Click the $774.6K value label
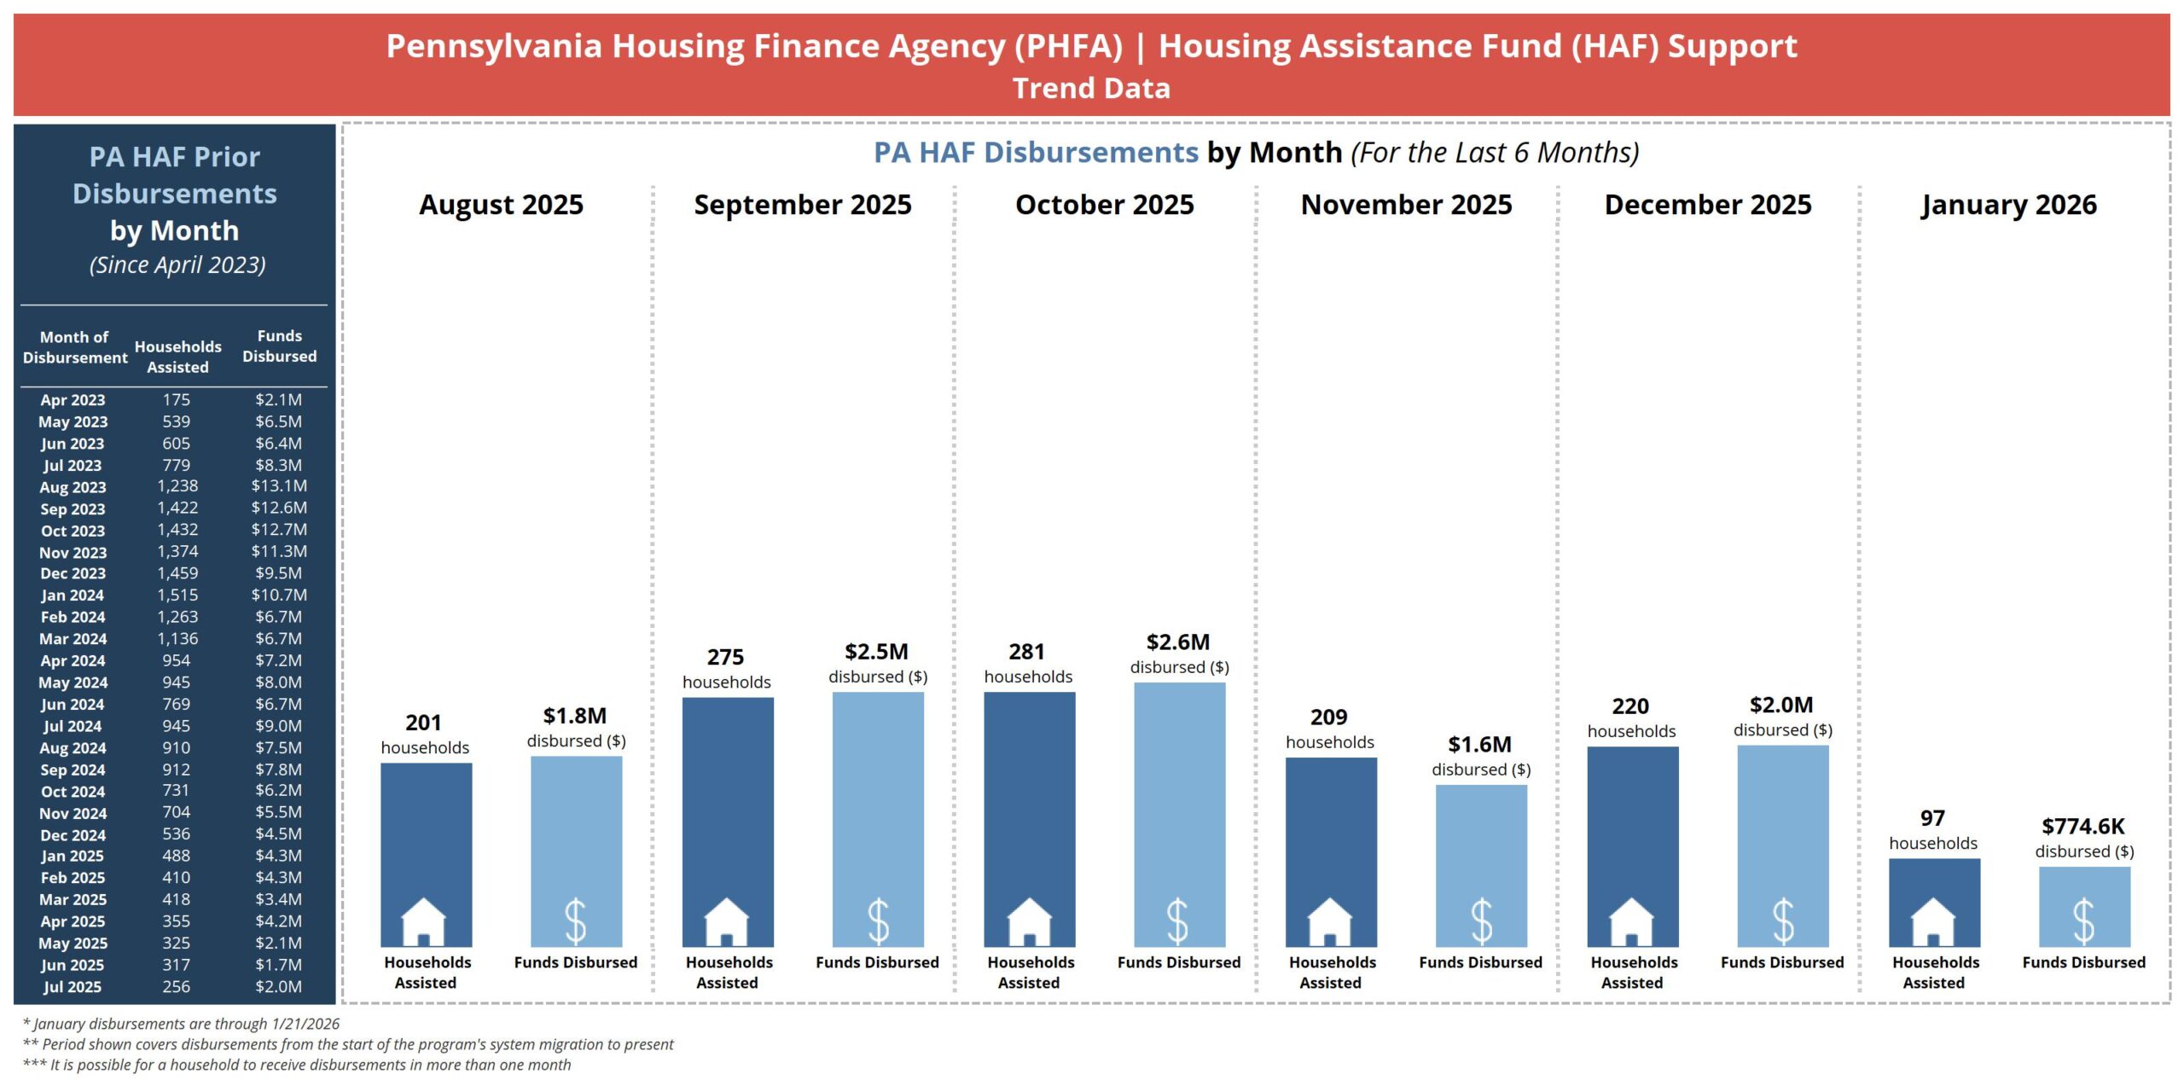pos(2082,826)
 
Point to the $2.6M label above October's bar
pos(1178,642)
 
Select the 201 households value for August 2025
pos(423,723)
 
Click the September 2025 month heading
pos(802,205)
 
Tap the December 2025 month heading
pos(1707,205)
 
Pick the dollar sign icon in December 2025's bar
pos(1783,921)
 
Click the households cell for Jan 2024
pos(177,595)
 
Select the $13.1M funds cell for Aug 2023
pos(279,485)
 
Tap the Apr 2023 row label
pos(73,399)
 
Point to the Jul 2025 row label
pos(73,986)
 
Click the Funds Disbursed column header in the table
pos(279,346)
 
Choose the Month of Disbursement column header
pos(74,347)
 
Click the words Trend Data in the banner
pos(1091,88)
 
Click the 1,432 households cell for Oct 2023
pos(177,529)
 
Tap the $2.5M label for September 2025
pos(876,652)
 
